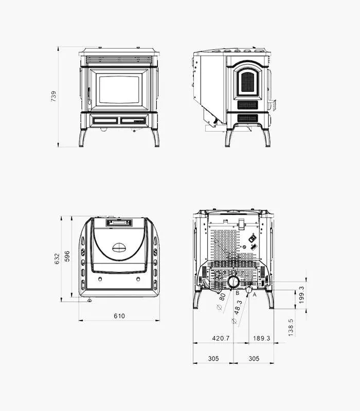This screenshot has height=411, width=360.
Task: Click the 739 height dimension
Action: coord(53,96)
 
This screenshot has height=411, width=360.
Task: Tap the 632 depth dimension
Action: coord(57,258)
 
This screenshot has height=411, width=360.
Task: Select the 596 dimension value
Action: coord(67,256)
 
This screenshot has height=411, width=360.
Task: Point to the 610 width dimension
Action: coord(119,316)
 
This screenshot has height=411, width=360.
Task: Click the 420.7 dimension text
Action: coord(221,338)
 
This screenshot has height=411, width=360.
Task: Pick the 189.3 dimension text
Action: coord(262,338)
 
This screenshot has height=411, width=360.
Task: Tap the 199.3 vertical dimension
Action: coord(301,294)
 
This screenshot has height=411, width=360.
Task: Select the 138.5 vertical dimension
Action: coord(291,327)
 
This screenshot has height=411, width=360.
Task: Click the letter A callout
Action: coord(254,294)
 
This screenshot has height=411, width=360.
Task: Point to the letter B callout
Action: coord(237,293)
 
